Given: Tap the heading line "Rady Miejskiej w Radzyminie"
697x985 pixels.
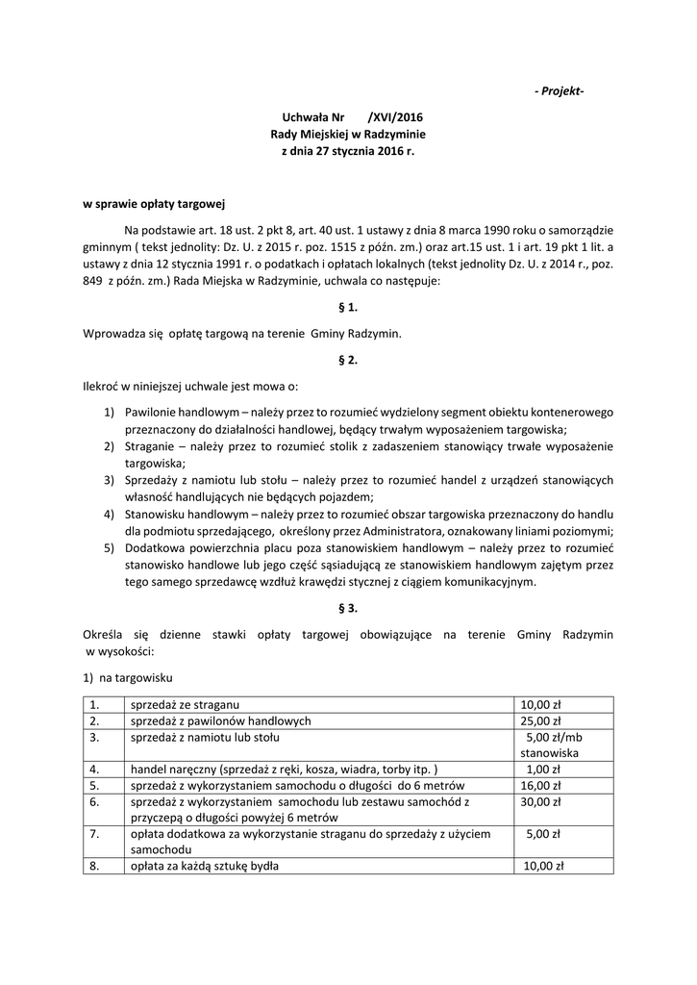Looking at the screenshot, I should click(x=348, y=135).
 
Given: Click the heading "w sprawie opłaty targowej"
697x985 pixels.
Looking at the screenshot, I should click(x=153, y=204).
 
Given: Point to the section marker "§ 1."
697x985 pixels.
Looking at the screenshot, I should click(x=348, y=308).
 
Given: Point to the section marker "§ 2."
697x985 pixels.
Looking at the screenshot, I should click(x=348, y=360).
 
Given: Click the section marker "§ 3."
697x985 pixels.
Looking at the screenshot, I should click(x=348, y=608).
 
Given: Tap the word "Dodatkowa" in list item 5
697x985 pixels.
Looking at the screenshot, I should click(x=155, y=547).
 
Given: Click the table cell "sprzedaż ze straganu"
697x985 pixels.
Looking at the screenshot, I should click(x=186, y=703).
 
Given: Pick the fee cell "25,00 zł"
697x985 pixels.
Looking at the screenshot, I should click(x=540, y=720).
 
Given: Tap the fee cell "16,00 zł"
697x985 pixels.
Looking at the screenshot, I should click(x=540, y=786).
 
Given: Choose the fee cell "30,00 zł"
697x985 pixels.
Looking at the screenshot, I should click(x=540, y=802).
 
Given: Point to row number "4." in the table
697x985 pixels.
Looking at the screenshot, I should click(x=94, y=770).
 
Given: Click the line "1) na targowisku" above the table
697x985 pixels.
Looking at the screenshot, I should click(x=127, y=678).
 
